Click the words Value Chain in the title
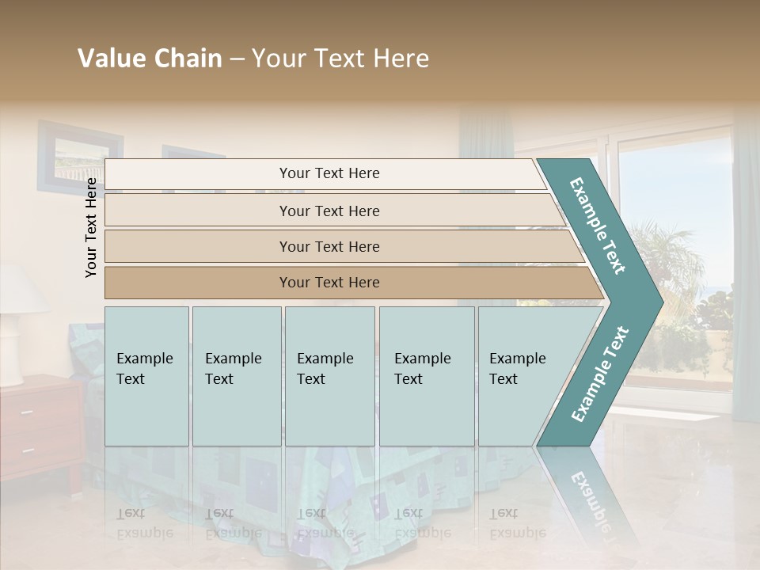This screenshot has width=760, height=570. (x=150, y=59)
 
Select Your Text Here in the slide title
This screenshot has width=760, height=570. (x=340, y=59)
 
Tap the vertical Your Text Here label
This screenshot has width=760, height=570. (x=92, y=227)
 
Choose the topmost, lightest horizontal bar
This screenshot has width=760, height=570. (x=329, y=173)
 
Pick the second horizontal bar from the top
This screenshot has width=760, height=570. (x=329, y=211)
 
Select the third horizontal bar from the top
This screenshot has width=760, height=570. (x=329, y=246)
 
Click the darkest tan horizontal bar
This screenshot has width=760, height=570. (x=329, y=283)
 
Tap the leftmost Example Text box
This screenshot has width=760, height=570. (x=146, y=376)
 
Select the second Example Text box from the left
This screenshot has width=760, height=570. (x=236, y=376)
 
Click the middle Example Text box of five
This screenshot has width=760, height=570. (x=329, y=376)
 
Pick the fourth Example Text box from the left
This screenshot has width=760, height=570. (x=427, y=376)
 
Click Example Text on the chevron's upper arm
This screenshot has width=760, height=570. (x=598, y=226)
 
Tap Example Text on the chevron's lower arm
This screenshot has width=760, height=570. (x=599, y=374)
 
